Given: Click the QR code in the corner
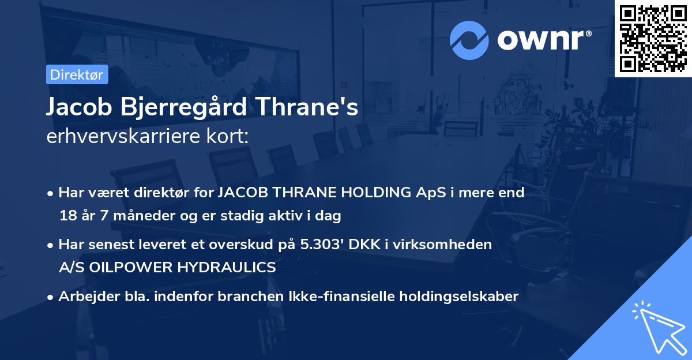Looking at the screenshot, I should pos(652,39).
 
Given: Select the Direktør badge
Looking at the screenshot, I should pos(76,74).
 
